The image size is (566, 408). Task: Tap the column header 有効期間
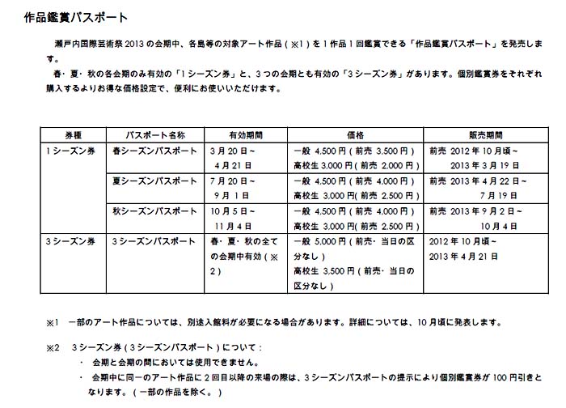[244, 134]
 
